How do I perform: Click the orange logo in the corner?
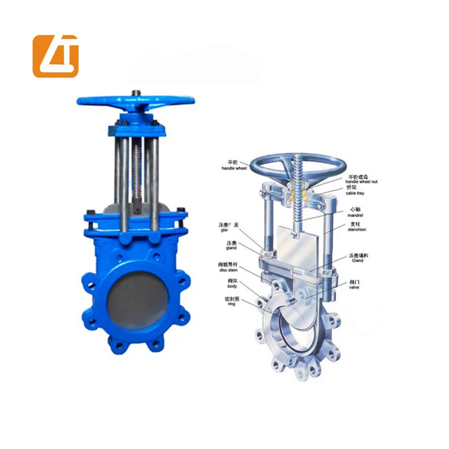(55, 56)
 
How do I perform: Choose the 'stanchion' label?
(358, 229)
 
